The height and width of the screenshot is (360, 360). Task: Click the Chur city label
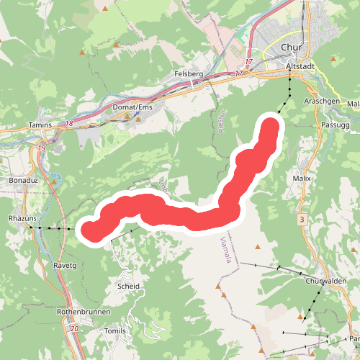pyautogui.click(x=290, y=48)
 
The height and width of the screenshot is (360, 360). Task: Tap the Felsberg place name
pyautogui.click(x=189, y=74)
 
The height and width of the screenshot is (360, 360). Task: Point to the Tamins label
pyautogui.click(x=42, y=125)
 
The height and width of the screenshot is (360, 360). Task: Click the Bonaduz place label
pyautogui.click(x=24, y=179)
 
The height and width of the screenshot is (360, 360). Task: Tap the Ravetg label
pyautogui.click(x=64, y=264)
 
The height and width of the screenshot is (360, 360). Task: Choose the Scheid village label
pyautogui.click(x=127, y=286)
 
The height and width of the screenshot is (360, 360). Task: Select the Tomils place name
pyautogui.click(x=115, y=330)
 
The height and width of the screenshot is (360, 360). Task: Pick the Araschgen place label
pyautogui.click(x=322, y=102)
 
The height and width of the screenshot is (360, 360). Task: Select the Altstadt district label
pyautogui.click(x=300, y=66)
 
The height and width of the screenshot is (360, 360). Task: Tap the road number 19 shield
pyautogui.click(x=42, y=148)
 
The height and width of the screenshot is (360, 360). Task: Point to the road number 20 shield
pyautogui.click(x=76, y=328)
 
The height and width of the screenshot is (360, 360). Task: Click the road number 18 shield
pyautogui.click(x=70, y=124)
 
